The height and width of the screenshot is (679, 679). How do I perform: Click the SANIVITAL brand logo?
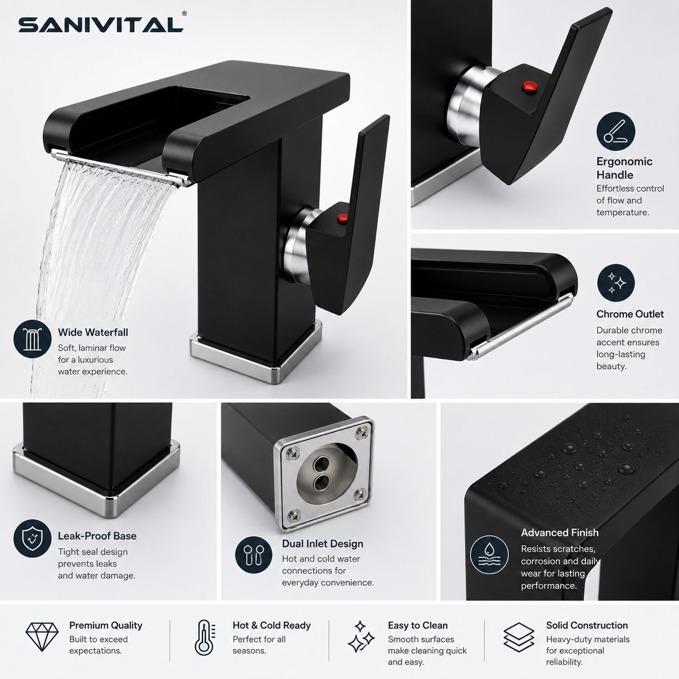(101, 25)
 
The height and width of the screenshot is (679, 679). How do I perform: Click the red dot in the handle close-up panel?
(530, 86)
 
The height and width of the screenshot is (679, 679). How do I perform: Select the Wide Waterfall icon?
(32, 339)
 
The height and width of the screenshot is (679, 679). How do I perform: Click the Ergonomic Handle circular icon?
(616, 132)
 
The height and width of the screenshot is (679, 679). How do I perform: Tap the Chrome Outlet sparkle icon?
(616, 283)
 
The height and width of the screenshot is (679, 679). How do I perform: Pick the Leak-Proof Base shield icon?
(32, 538)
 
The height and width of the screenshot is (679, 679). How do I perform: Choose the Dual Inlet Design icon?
(254, 556)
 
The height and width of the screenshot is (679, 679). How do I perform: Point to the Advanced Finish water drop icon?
(489, 554)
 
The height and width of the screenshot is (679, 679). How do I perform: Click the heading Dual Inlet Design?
(322, 543)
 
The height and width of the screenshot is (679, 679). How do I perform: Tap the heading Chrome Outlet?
(630, 314)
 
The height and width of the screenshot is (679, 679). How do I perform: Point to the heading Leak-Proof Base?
(97, 536)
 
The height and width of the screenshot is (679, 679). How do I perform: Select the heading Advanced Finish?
(559, 532)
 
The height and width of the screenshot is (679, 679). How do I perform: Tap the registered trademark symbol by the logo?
(184, 14)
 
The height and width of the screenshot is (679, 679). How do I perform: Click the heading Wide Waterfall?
(93, 332)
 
